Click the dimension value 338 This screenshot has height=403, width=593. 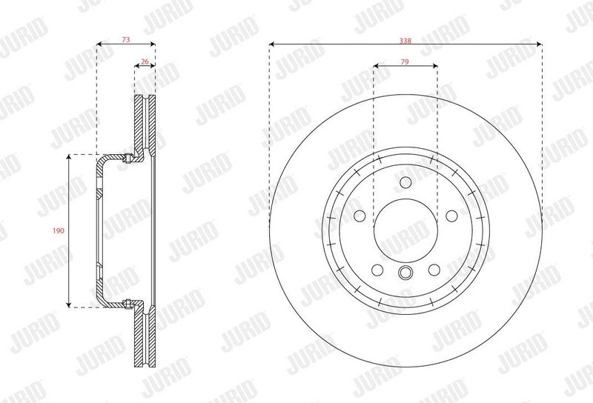405,41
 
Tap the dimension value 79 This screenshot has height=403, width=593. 405,61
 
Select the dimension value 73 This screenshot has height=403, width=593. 126,39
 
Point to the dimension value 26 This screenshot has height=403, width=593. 145,61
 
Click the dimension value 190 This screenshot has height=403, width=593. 59,230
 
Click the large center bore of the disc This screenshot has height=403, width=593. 405,230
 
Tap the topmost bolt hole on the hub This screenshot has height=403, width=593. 405,182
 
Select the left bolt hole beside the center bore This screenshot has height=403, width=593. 360,216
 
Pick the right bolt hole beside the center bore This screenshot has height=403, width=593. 451,216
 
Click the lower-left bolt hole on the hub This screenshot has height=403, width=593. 377,270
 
